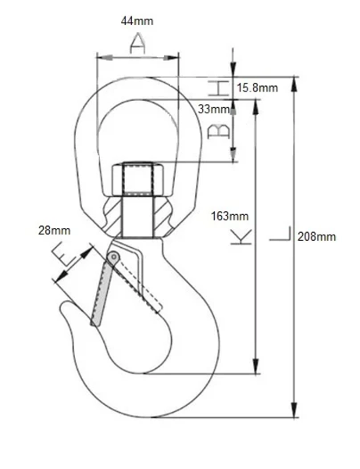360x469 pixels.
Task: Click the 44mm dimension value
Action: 137,21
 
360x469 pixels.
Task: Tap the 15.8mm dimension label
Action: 257,88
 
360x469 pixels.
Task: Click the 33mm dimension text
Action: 214,109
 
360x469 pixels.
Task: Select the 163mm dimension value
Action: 229,216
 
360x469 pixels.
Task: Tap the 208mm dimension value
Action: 317,237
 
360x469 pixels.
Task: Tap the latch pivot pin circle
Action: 114,257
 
